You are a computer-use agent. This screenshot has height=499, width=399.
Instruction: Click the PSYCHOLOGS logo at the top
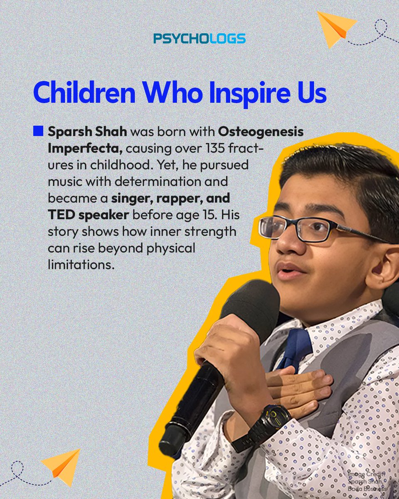pos(199,39)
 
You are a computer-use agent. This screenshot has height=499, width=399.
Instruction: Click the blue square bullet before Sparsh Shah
pos(38,132)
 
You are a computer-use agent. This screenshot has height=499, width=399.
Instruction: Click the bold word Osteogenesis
pos(261,132)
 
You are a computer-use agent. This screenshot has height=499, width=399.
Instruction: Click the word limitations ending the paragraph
pos(81,264)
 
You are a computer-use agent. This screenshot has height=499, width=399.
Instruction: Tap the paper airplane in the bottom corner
pos(62,465)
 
